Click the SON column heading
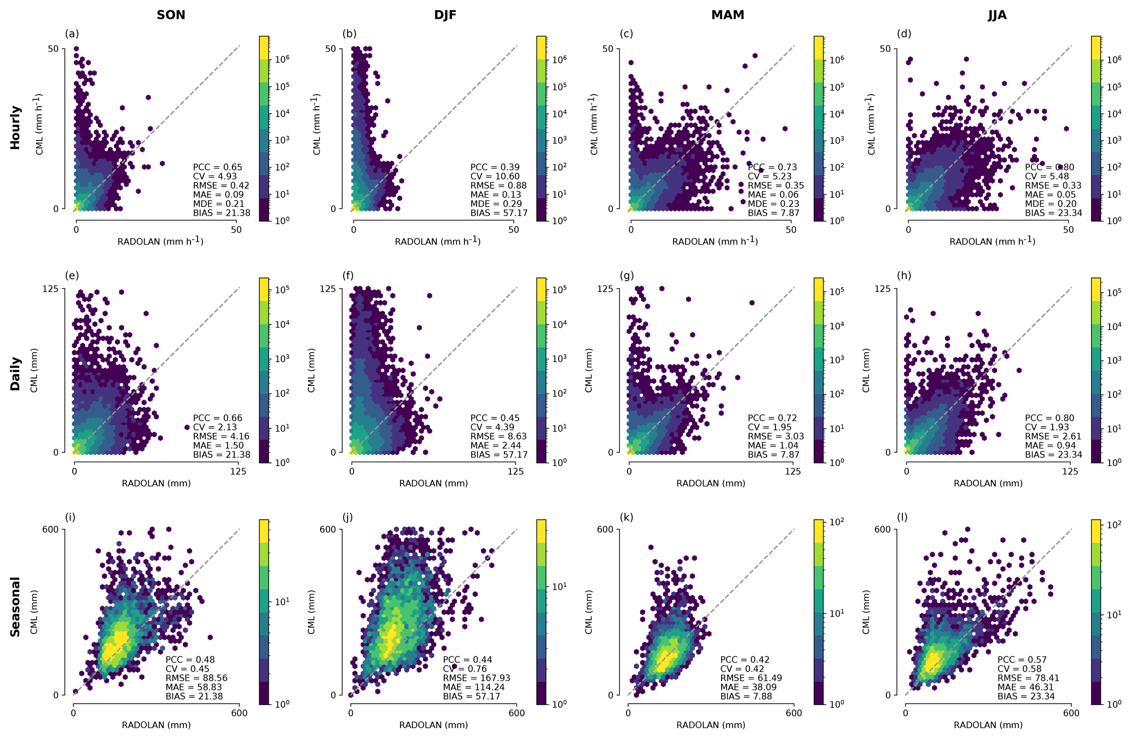pyautogui.click(x=171, y=15)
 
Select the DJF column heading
pyautogui.click(x=445, y=15)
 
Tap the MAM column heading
pyautogui.click(x=727, y=15)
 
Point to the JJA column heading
pyautogui.click(x=997, y=15)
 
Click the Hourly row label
pyautogui.click(x=15, y=127)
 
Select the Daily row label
pyautogui.click(x=15, y=374)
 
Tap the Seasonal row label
pyautogui.click(x=15, y=607)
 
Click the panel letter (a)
pyautogui.click(x=72, y=34)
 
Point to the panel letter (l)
pyautogui.click(x=903, y=517)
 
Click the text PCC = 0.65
pyautogui.click(x=217, y=167)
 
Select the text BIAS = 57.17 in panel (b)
pyautogui.click(x=498, y=213)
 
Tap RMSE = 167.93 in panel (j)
pyautogui.click(x=472, y=678)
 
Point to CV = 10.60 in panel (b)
pyautogui.click(x=491, y=176)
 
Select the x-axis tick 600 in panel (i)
pyautogui.click(x=239, y=713)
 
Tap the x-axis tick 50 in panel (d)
pyautogui.click(x=1068, y=230)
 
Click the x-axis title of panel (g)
pyautogui.click(x=711, y=484)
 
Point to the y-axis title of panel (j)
pyautogui.click(x=312, y=612)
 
